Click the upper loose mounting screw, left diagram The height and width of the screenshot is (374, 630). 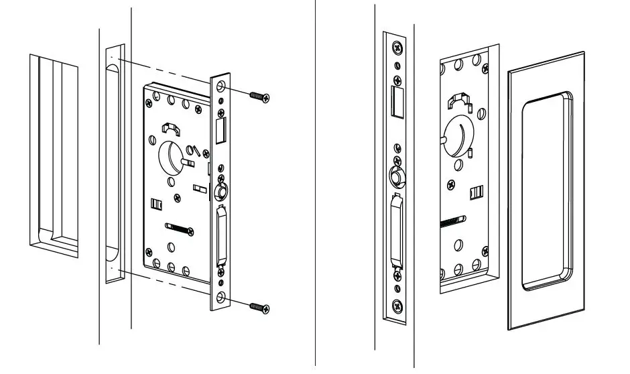coord(260,97)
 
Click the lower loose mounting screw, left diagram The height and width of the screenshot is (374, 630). coord(260,307)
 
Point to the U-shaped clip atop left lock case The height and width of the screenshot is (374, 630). coord(173,127)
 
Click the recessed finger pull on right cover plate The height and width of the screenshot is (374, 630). coord(547,191)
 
